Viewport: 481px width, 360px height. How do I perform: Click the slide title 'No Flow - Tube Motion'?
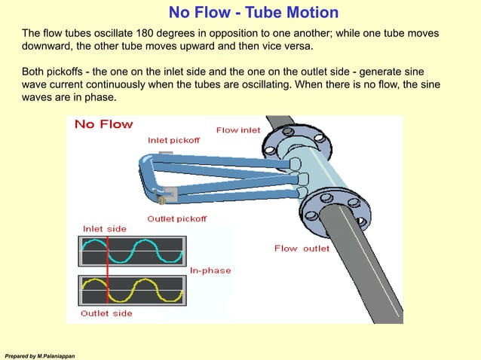coord(253,13)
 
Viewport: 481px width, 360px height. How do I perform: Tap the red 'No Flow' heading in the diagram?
coord(103,124)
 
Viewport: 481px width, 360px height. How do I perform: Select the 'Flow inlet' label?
coord(238,130)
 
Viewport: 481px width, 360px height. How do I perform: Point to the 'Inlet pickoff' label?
coord(173,140)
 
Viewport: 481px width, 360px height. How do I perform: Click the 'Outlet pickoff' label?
coord(176,218)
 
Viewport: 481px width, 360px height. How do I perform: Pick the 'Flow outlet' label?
coord(302,249)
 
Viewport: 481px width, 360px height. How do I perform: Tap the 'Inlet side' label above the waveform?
coord(104,228)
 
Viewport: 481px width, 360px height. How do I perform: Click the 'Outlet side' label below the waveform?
coord(106,313)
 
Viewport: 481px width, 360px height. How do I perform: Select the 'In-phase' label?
coord(210,270)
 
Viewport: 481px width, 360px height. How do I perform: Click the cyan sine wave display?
coord(132,251)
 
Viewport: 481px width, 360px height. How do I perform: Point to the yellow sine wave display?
coord(132,290)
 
